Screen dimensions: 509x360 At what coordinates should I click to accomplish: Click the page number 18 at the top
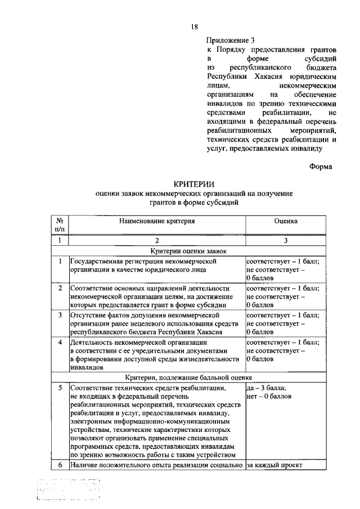(x=194, y=26)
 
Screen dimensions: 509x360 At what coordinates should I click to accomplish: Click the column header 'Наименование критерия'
(x=156, y=222)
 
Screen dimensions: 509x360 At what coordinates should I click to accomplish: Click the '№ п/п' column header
(x=60, y=225)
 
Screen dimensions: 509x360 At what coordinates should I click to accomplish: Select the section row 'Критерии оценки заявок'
(x=194, y=251)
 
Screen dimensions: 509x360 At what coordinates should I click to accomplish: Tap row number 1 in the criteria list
(x=60, y=261)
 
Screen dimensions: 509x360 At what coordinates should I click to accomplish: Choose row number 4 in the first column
(x=60, y=342)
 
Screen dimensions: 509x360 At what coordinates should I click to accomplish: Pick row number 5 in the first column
(x=60, y=388)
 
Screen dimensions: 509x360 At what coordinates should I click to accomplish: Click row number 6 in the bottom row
(x=60, y=465)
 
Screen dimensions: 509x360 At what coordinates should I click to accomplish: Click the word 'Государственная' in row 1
(x=98, y=261)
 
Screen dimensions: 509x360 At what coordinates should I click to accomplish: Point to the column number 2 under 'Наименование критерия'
(x=156, y=240)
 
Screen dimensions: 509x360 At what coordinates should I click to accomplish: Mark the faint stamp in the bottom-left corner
(x=67, y=490)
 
